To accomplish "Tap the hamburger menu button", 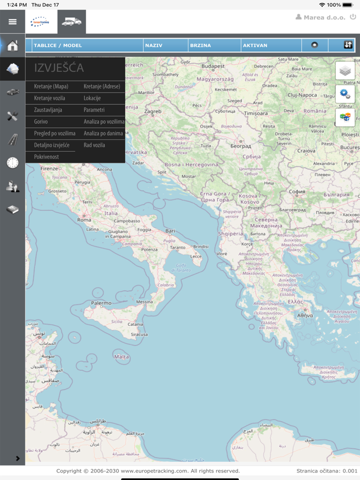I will click(x=12, y=22).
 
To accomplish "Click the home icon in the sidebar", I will click(x=12, y=46).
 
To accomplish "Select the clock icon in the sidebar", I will click(x=12, y=163).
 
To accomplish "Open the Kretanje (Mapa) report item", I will click(x=51, y=86).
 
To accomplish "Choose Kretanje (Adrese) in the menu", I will click(x=102, y=86).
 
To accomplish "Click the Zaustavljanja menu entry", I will click(x=48, y=110).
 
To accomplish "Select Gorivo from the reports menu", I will click(x=41, y=122).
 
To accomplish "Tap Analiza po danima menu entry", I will click(x=103, y=134).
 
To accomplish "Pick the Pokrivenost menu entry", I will click(x=46, y=157).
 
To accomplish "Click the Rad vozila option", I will click(x=94, y=145).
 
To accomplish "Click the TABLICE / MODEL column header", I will click(x=58, y=46).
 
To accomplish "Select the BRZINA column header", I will click(x=201, y=46).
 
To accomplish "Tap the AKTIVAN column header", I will click(x=255, y=46).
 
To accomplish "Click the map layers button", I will click(x=345, y=71).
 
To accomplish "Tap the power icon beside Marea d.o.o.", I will click(x=353, y=17).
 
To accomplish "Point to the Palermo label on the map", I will click(x=101, y=303).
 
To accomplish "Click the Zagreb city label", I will click(x=153, y=112).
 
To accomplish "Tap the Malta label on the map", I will click(x=121, y=357).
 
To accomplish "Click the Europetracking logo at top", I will click(x=39, y=22).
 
